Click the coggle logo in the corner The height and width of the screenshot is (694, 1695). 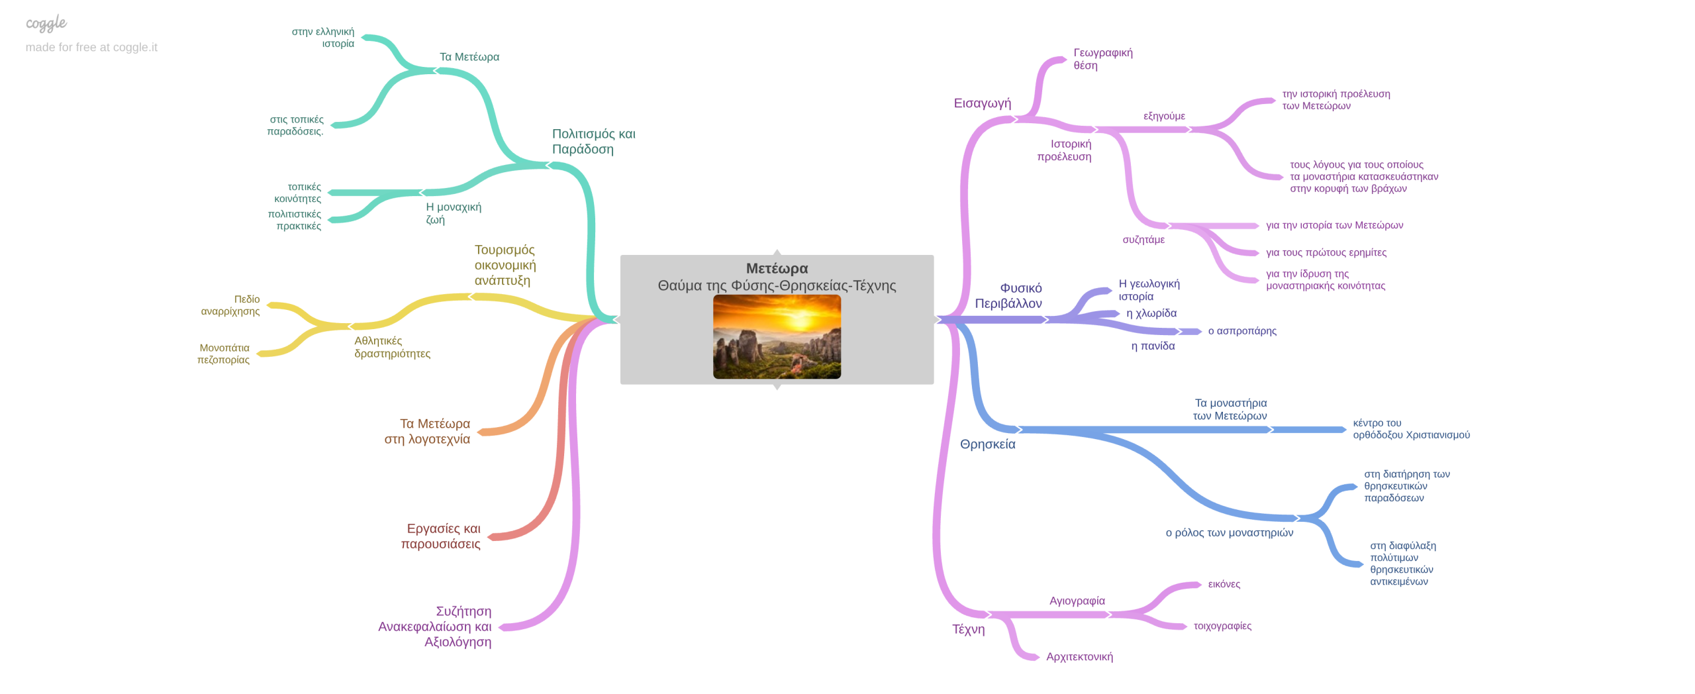point(46,23)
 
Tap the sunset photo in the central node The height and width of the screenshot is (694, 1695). point(777,336)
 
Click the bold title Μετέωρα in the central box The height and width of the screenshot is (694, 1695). point(777,268)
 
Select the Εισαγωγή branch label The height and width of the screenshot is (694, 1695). point(982,103)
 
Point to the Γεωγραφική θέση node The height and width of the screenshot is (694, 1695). point(1102,59)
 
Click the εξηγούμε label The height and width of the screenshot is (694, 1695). point(1164,116)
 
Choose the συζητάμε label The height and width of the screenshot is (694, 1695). point(1143,240)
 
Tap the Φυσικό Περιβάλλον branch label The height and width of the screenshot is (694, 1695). point(1008,295)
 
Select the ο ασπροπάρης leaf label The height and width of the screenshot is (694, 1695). point(1242,331)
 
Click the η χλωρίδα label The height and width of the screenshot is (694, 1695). point(1151,313)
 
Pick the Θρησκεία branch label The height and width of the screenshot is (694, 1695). point(987,444)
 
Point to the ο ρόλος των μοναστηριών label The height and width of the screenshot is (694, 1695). point(1229,533)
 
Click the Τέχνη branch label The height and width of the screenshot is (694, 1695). point(968,630)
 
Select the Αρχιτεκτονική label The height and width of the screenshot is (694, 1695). point(1079,657)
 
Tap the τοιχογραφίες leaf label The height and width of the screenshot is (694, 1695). point(1222,626)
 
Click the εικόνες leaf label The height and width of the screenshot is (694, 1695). point(1224,585)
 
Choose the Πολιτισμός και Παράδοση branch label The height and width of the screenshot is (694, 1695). point(593,142)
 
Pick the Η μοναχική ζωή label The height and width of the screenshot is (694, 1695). point(454,213)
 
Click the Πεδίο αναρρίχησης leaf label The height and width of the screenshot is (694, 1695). point(230,305)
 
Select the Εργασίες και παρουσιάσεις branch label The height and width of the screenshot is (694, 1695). point(440,536)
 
